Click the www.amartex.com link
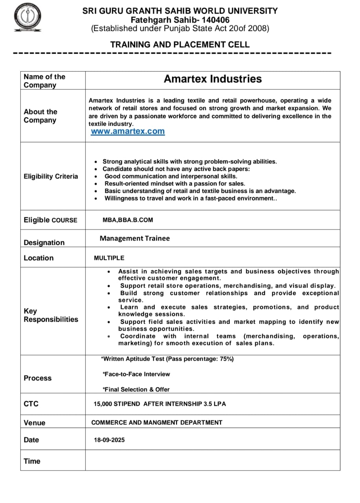(128, 132)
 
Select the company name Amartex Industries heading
(212, 79)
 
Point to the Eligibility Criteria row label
(51, 176)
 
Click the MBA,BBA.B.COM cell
(128, 220)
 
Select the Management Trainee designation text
(135, 239)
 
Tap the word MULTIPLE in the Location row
(109, 258)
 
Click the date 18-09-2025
(109, 440)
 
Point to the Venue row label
(35, 423)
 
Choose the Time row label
(32, 461)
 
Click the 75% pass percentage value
(226, 359)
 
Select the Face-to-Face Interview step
(136, 374)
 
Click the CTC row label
(31, 404)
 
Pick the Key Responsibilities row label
(51, 315)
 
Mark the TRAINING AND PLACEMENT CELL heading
(180, 45)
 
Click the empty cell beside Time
(212, 461)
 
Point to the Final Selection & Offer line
(136, 389)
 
